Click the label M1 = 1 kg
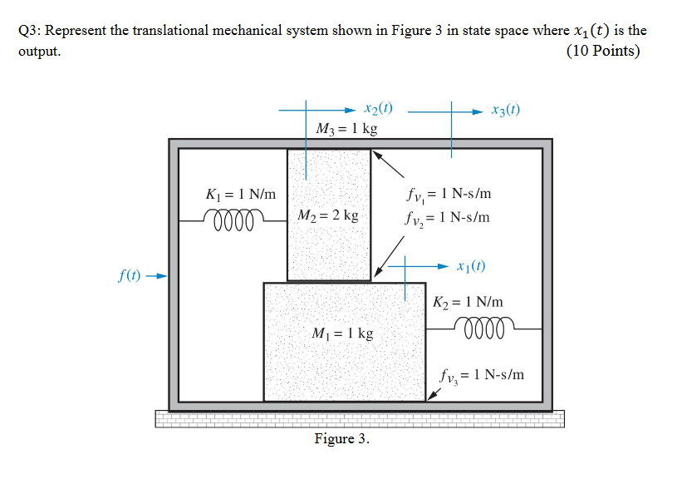[342, 333]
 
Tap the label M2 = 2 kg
[328, 215]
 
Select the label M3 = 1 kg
[347, 129]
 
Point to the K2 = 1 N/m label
[468, 303]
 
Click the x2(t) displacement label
[379, 108]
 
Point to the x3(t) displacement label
[506, 110]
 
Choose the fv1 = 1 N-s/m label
[449, 194]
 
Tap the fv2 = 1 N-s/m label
[449, 218]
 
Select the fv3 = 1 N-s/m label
[483, 374]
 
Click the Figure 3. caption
[341, 438]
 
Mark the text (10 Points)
[602, 52]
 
